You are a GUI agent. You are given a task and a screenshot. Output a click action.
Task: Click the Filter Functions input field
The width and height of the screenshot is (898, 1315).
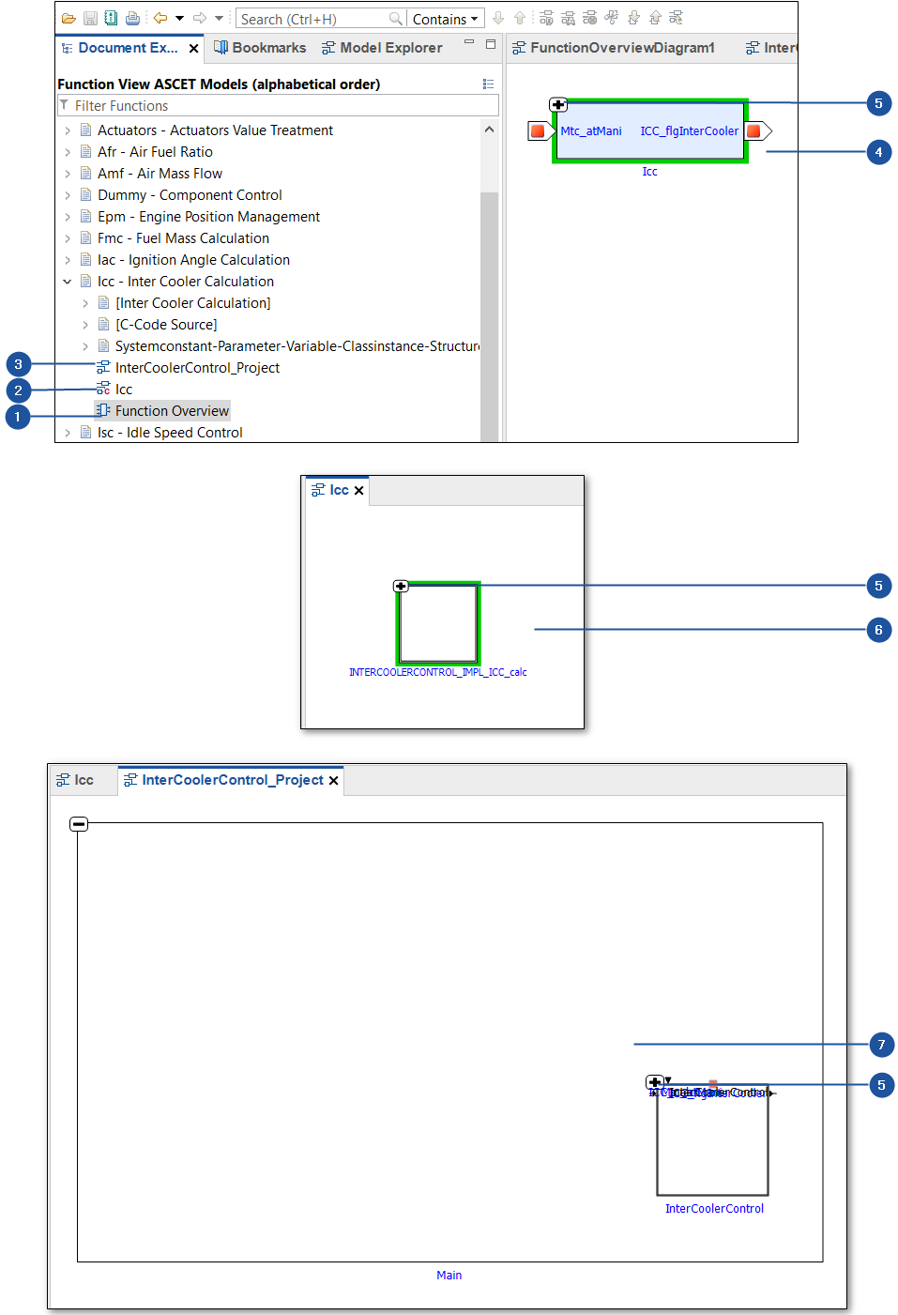pyautogui.click(x=282, y=106)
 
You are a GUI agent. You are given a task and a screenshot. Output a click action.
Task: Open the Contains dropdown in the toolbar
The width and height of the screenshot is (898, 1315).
pyautogui.click(x=446, y=19)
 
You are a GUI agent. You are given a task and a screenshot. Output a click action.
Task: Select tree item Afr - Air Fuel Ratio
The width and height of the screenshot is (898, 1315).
pyautogui.click(x=155, y=152)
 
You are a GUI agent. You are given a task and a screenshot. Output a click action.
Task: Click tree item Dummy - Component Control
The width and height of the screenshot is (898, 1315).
pyautogui.click(x=190, y=195)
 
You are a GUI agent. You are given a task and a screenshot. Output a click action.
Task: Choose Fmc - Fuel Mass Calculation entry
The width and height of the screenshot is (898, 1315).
pyautogui.click(x=183, y=238)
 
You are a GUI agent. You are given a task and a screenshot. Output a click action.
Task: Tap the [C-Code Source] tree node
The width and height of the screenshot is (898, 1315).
pyautogui.click(x=166, y=325)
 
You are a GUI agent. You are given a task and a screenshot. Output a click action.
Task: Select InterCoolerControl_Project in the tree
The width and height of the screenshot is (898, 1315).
pyautogui.click(x=197, y=368)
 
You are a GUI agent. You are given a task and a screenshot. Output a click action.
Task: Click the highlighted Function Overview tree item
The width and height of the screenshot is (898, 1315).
pyautogui.click(x=172, y=411)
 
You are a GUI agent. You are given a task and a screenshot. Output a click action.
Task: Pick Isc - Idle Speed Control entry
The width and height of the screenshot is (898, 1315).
pyautogui.click(x=170, y=433)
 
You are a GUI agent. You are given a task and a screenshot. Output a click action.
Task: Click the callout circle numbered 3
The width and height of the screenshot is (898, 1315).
pyautogui.click(x=18, y=364)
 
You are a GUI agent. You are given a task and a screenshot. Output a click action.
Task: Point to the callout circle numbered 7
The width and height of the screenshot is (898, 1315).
pyautogui.click(x=881, y=1045)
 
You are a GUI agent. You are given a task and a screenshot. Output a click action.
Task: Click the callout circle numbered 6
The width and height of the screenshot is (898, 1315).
pyautogui.click(x=878, y=630)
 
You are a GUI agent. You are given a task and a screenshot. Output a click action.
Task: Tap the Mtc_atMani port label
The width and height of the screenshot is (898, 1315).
pyautogui.click(x=591, y=131)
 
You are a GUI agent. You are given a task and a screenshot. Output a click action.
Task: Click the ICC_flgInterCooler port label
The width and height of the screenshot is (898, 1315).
pyautogui.click(x=689, y=131)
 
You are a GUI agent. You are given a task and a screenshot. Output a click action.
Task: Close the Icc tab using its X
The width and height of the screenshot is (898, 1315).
pyautogui.click(x=358, y=491)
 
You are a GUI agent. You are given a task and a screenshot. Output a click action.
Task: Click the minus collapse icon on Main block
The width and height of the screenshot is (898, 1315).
pyautogui.click(x=79, y=824)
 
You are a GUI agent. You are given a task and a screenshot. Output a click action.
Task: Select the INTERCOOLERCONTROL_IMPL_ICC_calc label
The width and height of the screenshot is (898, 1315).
pyautogui.click(x=437, y=672)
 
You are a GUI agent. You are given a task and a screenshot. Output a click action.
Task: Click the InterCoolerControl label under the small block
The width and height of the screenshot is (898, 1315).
pyautogui.click(x=714, y=1209)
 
